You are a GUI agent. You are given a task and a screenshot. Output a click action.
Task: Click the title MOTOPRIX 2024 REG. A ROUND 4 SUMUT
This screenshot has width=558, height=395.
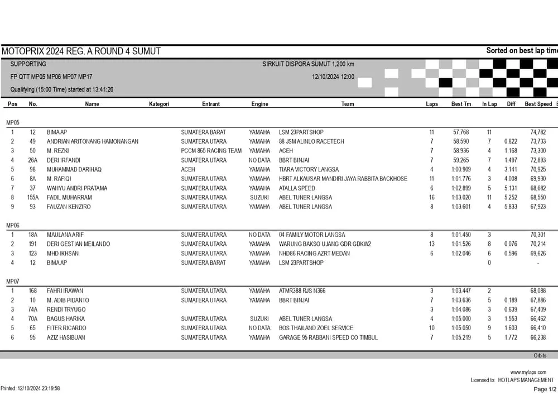tap(81, 51)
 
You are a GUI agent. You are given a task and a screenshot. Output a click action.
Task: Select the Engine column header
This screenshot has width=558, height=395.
tap(259, 104)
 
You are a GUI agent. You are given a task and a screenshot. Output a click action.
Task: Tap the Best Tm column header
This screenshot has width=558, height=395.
tap(461, 104)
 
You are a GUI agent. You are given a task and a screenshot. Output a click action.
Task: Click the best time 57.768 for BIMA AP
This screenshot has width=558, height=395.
tap(461, 132)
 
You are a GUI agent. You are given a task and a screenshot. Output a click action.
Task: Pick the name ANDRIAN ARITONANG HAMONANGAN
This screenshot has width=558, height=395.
tap(93, 142)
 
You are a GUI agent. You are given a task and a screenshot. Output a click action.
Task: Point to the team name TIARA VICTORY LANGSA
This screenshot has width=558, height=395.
tap(310, 170)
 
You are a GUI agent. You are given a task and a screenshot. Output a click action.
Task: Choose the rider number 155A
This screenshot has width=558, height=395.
tap(33, 198)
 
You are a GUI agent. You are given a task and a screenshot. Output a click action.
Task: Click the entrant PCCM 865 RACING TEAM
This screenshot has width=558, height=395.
tap(211, 151)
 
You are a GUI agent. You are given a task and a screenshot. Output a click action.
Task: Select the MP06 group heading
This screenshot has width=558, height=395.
tap(13, 225)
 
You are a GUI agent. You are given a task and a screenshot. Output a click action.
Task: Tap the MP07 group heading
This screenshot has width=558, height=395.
tap(13, 281)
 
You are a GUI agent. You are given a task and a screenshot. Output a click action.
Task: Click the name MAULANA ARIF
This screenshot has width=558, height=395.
tap(65, 235)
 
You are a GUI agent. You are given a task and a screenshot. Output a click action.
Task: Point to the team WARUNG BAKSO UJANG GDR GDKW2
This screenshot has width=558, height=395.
tap(325, 244)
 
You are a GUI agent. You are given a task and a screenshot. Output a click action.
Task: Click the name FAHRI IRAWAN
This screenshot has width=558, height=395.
tap(65, 291)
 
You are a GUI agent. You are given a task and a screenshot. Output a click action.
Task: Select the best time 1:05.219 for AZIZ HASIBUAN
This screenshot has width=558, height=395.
tap(461, 337)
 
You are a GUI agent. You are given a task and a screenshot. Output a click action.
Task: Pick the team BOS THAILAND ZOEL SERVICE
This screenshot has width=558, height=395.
tap(316, 328)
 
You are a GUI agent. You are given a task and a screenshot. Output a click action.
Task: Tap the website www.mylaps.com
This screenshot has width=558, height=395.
tap(528, 372)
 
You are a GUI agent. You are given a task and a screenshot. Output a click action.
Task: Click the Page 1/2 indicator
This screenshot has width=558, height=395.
tap(545, 389)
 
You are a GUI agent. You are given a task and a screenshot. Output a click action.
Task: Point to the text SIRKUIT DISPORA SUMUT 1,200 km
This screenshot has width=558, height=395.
tap(308, 64)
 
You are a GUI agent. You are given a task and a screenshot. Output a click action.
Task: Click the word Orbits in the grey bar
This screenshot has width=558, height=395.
tap(540, 355)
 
